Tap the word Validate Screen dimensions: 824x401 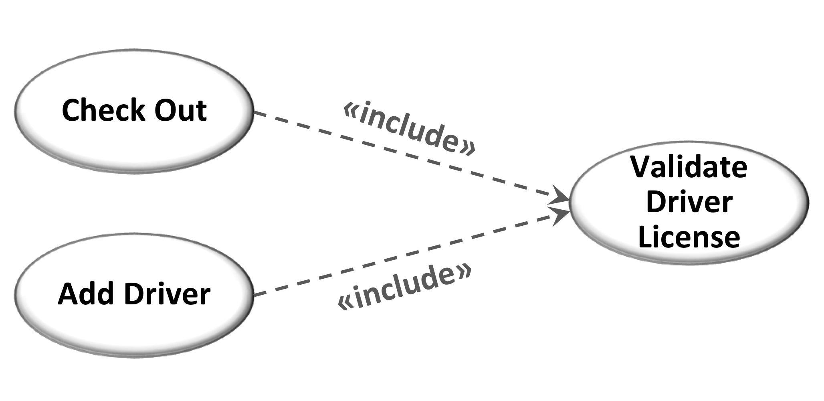689,167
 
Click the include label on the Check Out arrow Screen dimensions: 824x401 410,129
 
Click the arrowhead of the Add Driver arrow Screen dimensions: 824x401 560,216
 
